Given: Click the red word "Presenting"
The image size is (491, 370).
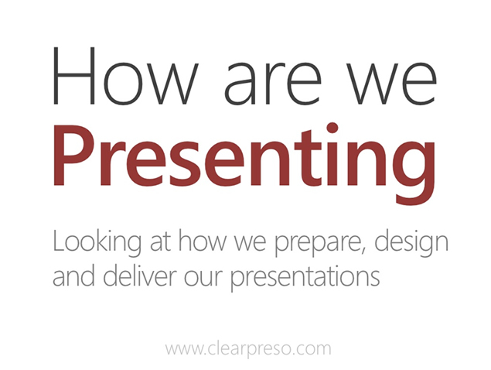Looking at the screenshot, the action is [x=244, y=164].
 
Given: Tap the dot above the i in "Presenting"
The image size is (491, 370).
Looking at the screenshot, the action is [x=332, y=128].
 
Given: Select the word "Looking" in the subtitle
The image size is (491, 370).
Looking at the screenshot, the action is [x=97, y=243].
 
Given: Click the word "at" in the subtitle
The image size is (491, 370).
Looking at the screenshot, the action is [x=160, y=242].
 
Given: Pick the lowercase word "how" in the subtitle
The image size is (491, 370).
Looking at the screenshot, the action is [x=203, y=241].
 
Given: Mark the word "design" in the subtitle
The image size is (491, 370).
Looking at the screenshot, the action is [x=411, y=243].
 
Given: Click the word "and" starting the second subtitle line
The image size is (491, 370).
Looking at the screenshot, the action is [x=73, y=275].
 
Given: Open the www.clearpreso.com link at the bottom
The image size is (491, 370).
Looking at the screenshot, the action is [x=248, y=349].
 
